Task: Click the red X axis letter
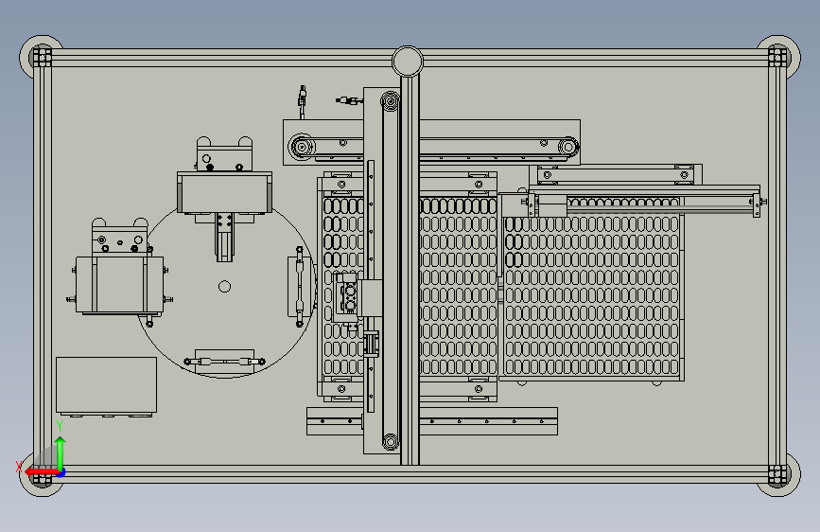coord(19,467)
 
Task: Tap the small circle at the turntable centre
coord(224,287)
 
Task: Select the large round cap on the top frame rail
coord(408,62)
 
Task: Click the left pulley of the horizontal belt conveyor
coord(302,147)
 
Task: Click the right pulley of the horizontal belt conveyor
coord(567,147)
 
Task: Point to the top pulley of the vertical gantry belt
coord(390,100)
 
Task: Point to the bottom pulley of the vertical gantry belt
coord(390,441)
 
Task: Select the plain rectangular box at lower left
coord(106,385)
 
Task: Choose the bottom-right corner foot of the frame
coord(778,475)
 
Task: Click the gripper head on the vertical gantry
coord(347,297)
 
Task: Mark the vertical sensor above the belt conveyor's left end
coord(303,102)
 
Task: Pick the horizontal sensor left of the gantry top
coord(349,99)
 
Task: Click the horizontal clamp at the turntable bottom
coord(225,362)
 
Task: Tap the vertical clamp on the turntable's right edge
coord(300,287)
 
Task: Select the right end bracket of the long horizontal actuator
coord(757,204)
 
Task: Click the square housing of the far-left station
coord(120,284)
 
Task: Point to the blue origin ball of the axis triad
coord(61,472)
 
